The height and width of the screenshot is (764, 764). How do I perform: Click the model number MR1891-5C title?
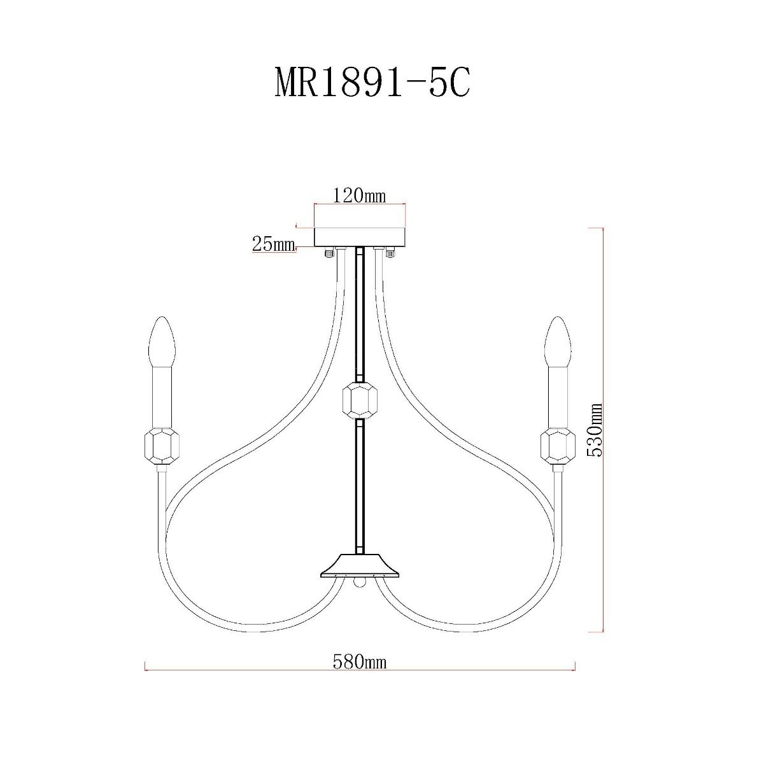coord(372,83)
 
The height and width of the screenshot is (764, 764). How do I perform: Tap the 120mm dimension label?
coord(359,195)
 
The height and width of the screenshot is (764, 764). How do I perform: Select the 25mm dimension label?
coord(274,244)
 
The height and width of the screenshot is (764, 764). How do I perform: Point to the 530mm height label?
coord(595,430)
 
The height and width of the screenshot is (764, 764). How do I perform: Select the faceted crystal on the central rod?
coord(360,400)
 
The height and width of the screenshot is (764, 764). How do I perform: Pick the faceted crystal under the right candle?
coord(558,446)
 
